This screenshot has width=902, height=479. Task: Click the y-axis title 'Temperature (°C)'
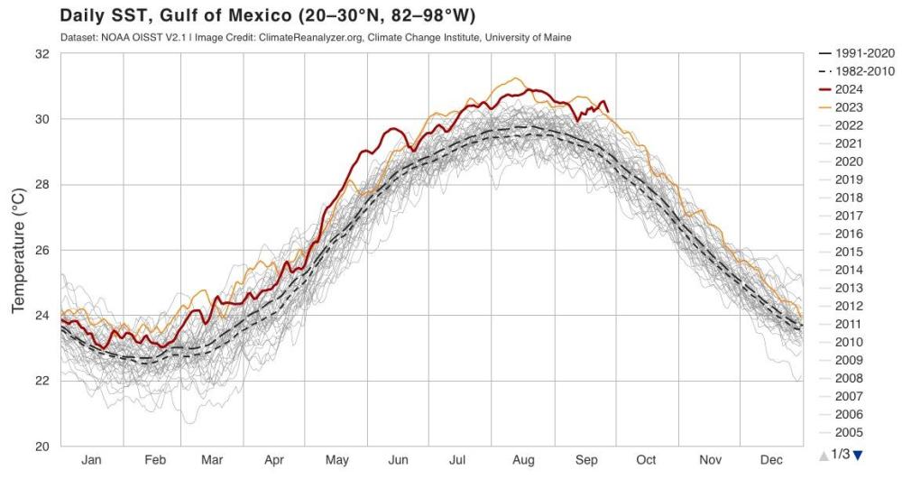18,251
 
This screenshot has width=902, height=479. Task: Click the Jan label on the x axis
91,459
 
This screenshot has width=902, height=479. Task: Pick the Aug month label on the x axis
523,459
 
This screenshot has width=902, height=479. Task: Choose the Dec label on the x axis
771,459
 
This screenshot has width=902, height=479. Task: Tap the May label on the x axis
336,459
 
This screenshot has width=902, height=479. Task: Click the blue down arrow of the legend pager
858,455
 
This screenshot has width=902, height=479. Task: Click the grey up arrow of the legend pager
824,455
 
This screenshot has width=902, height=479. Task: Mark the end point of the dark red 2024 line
608,111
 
